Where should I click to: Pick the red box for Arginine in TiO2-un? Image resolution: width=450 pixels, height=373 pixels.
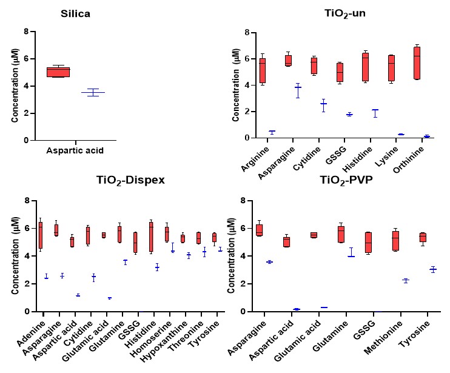pyautogui.click(x=263, y=70)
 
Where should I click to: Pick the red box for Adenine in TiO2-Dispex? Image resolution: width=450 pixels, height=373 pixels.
pyautogui.click(x=40, y=235)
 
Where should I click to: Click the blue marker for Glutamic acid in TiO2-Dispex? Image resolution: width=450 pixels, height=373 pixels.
pyautogui.click(x=109, y=298)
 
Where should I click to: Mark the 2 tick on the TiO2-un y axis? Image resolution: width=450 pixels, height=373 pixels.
pyautogui.click(x=241, y=112)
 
